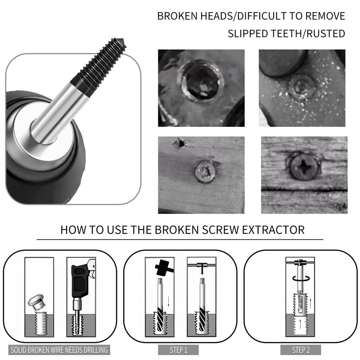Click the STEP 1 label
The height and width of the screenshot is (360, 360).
[x=173, y=350]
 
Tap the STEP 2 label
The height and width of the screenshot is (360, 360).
[x=301, y=350]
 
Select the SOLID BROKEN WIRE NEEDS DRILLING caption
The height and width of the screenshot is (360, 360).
[x=59, y=350]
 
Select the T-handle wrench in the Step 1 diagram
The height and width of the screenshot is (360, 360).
[x=201, y=268]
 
